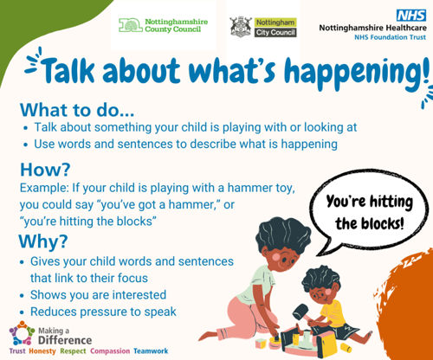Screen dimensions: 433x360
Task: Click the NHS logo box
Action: point(411,16)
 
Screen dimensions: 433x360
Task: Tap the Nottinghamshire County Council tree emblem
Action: point(131,25)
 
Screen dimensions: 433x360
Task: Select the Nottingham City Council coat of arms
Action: point(241,27)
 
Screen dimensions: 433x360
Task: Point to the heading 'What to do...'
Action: point(77,110)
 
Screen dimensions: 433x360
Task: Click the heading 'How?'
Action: point(45,170)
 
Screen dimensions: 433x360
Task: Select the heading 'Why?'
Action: point(43,241)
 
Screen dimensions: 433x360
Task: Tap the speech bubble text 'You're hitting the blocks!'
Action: point(370,212)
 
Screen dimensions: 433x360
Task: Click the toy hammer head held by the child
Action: point(301,312)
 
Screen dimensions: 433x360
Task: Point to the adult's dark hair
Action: point(283,235)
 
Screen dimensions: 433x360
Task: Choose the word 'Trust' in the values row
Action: point(17,351)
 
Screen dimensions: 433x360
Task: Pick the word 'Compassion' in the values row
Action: point(110,351)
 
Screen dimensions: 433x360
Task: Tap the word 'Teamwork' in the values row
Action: point(151,351)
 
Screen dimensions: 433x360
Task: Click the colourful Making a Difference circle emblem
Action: point(22,333)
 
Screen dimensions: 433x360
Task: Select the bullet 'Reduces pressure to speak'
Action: point(103,312)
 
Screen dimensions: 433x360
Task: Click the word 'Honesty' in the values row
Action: point(42,351)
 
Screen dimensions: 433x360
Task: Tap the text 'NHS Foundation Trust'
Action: point(390,37)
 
